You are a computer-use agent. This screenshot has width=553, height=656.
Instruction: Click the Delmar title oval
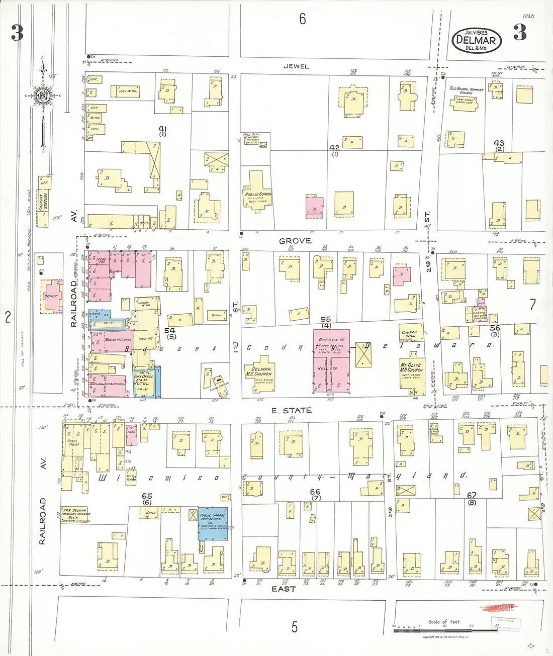click(476, 40)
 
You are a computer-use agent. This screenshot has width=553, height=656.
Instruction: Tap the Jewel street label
click(296, 66)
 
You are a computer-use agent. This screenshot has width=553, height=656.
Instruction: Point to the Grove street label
click(295, 241)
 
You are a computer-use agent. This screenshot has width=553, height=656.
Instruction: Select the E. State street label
click(291, 411)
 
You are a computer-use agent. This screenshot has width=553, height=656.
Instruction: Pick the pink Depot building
click(52, 296)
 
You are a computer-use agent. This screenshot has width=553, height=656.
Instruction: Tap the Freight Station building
click(44, 201)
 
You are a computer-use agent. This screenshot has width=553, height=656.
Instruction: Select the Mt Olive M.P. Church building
click(411, 372)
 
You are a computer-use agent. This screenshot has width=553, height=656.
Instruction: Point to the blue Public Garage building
click(213, 523)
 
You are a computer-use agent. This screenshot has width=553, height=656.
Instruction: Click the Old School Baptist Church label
click(466, 90)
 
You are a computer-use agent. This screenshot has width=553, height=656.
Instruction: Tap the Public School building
click(258, 194)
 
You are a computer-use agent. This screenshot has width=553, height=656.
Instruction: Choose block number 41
click(162, 130)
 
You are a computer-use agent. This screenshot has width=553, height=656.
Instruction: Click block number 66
click(315, 492)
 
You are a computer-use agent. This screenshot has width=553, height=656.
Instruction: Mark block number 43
click(499, 144)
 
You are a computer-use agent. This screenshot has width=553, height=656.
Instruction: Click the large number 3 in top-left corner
click(17, 33)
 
